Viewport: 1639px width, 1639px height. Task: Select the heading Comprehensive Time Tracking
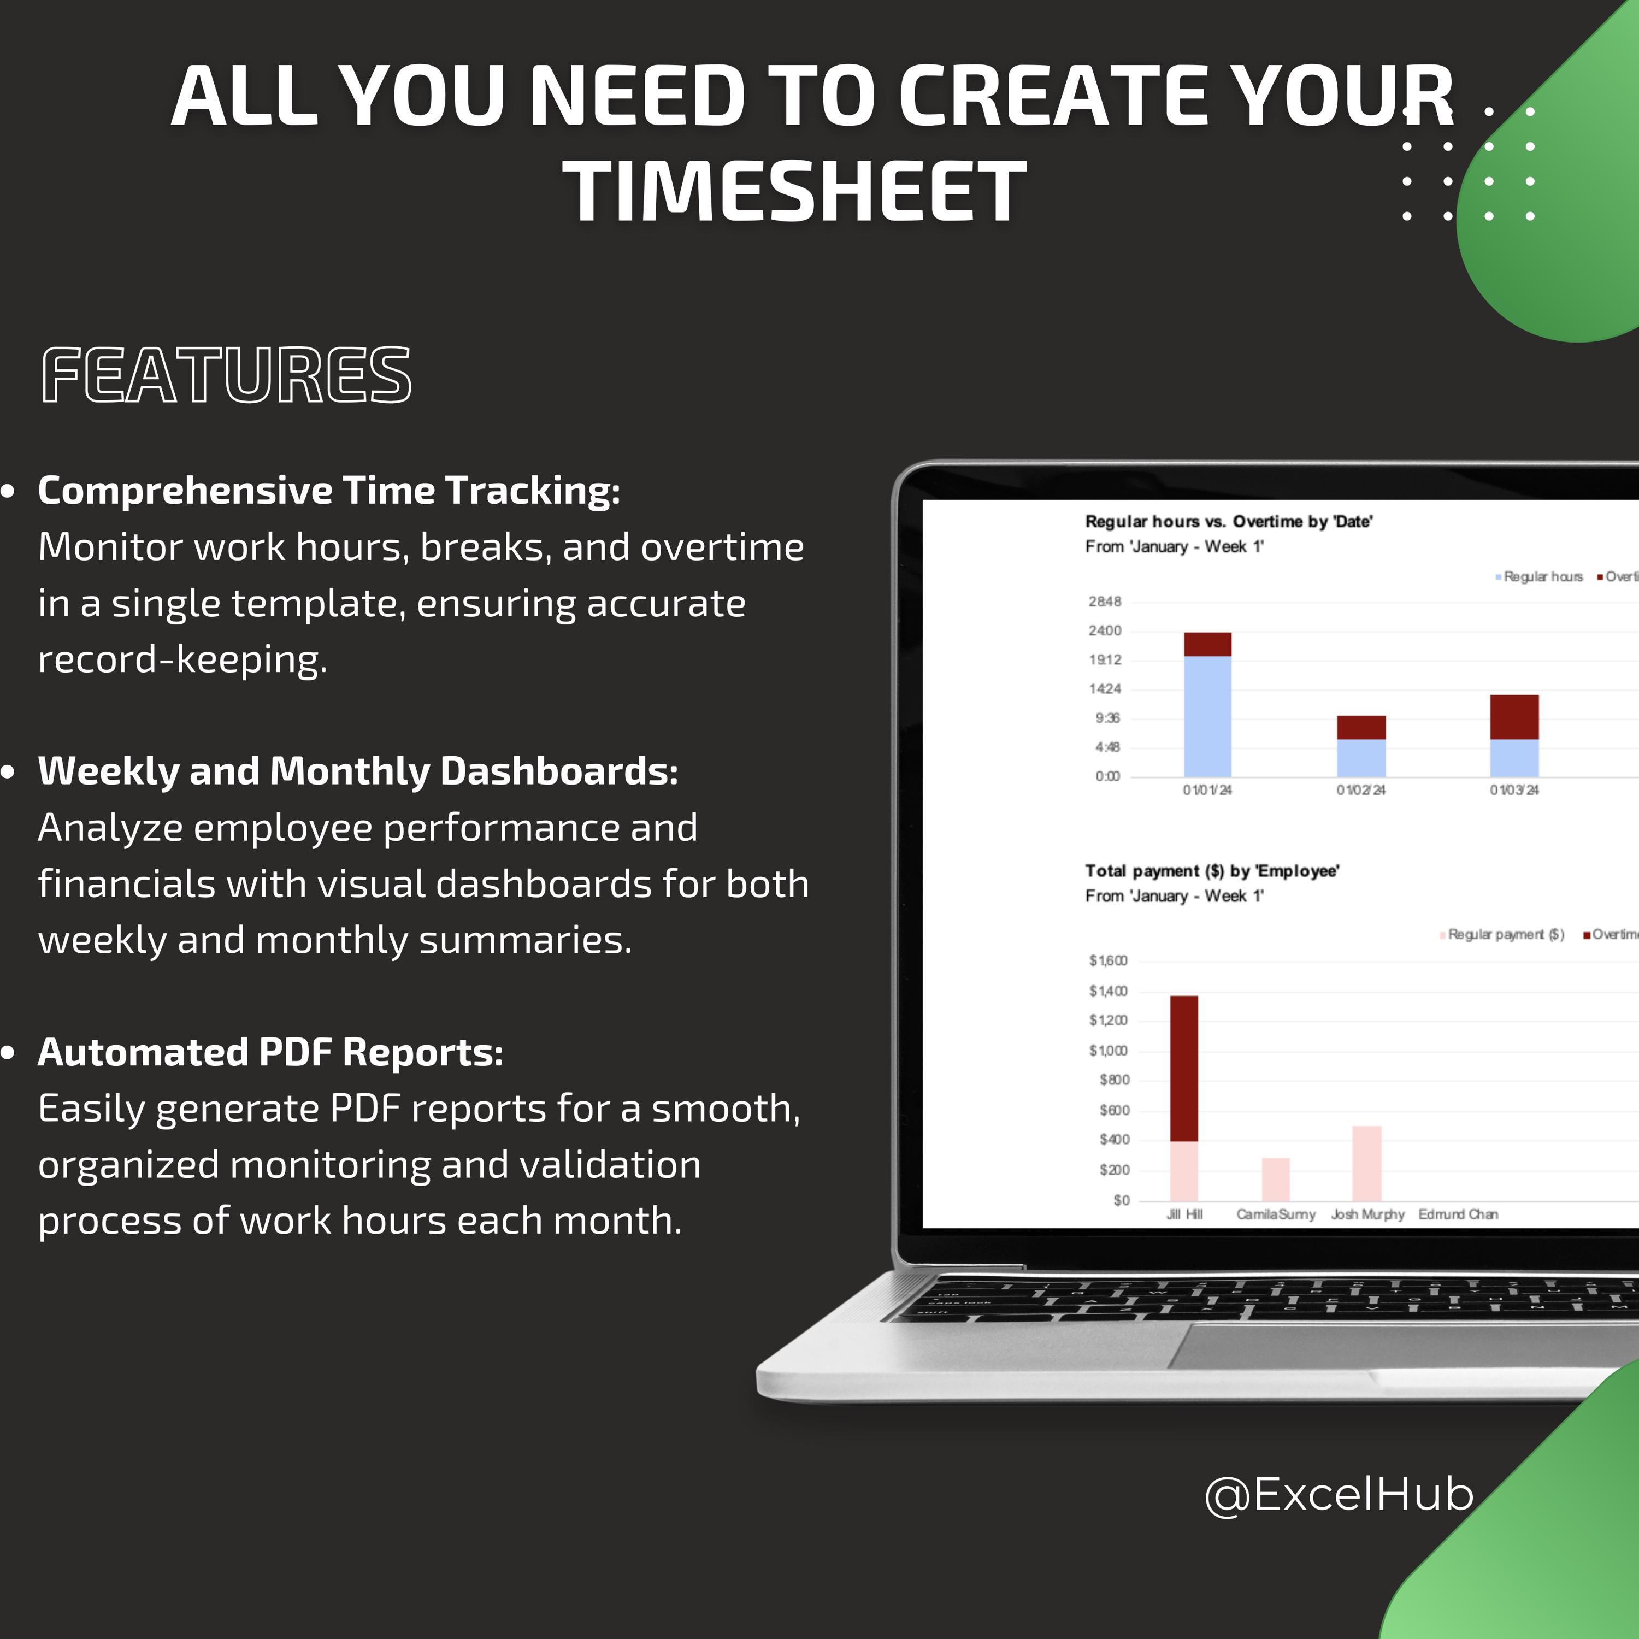click(329, 491)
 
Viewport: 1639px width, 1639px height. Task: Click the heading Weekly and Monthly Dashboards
click(358, 771)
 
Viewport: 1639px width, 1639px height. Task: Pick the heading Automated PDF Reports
click(270, 1052)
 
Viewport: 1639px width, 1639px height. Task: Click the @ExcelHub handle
click(1339, 1493)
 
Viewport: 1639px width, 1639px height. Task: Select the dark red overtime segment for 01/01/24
click(1207, 644)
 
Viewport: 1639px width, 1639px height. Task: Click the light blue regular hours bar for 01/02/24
click(1361, 758)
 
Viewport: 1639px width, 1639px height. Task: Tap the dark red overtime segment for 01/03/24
click(1514, 717)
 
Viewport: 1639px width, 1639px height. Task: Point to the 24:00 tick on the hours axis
click(1105, 630)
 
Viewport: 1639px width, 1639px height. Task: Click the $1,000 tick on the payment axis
click(1108, 1050)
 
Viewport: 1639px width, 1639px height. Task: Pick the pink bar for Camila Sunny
click(1275, 1179)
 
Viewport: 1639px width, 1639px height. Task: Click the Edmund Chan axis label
click(1458, 1214)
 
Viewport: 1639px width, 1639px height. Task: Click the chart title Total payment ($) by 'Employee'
click(1211, 870)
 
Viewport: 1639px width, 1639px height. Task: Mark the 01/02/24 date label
click(1361, 790)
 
